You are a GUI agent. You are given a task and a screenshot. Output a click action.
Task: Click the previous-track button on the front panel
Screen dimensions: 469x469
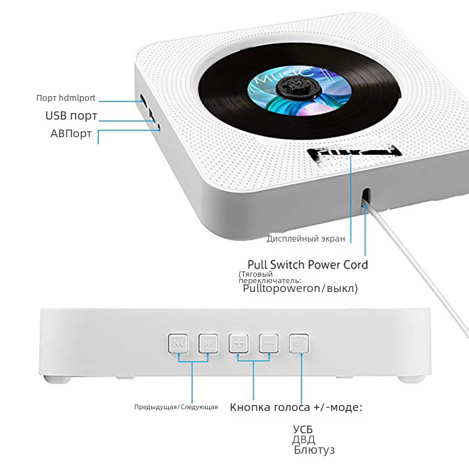(178, 344)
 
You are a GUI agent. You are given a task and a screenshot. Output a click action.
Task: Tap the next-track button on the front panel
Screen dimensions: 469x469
(208, 344)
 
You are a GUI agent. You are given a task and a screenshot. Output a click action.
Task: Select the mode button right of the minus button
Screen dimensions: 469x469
(298, 344)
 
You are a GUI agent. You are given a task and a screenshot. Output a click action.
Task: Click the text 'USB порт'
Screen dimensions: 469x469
(72, 115)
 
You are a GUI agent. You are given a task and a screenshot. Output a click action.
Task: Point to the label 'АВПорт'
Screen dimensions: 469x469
(71, 134)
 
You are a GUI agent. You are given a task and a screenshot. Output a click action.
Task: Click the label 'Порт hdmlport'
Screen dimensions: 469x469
(66, 98)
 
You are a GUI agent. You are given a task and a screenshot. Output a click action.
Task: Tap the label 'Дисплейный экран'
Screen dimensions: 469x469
(305, 239)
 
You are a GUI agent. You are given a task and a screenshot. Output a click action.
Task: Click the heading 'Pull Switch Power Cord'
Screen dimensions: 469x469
(308, 264)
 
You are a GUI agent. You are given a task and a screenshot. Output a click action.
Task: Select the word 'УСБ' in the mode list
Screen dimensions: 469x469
(303, 429)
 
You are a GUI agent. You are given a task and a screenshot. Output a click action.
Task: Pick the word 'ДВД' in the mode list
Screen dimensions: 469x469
(304, 440)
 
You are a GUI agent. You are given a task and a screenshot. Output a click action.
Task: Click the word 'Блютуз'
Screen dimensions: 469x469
(314, 450)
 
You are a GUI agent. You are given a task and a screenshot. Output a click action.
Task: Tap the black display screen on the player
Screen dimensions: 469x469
(352, 154)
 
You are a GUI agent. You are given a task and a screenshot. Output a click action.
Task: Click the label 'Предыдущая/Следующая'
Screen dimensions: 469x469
(176, 407)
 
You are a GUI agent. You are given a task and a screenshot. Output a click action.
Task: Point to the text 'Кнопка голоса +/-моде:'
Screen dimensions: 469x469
(296, 407)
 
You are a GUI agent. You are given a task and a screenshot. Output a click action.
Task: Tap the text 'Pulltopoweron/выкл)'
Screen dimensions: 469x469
(300, 288)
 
